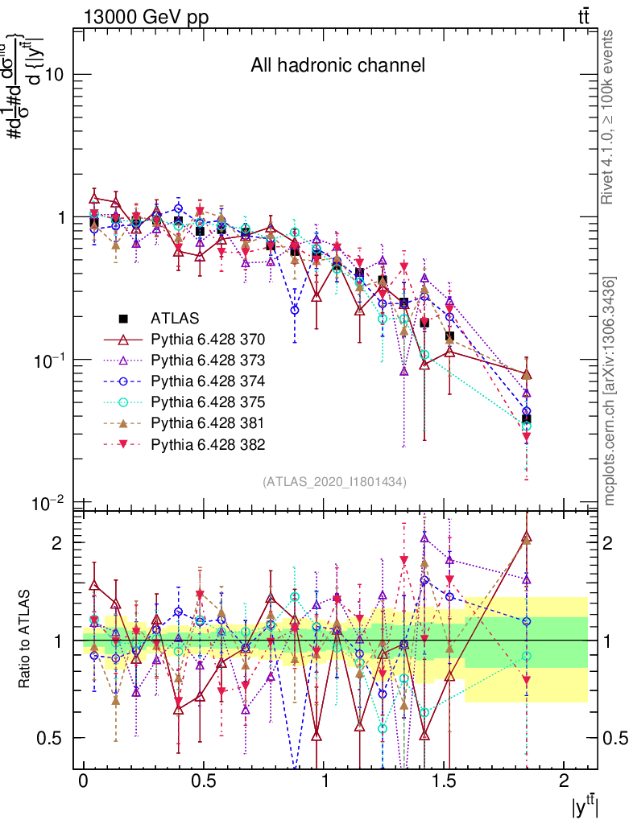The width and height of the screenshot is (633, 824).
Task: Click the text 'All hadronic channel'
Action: [x=337, y=65]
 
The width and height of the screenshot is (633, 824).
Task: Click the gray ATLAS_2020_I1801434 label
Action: [x=334, y=482]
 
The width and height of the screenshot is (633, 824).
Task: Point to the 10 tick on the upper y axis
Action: [x=56, y=75]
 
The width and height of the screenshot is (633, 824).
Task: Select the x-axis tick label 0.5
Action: [x=203, y=783]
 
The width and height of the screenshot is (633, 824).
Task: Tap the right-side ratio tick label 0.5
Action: [x=616, y=738]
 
